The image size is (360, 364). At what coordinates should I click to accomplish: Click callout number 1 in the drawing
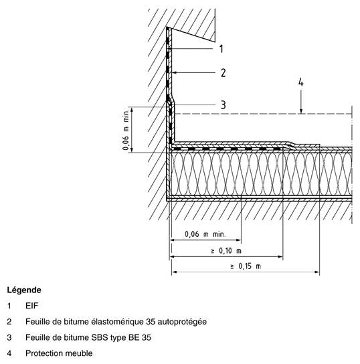click(x=221, y=49)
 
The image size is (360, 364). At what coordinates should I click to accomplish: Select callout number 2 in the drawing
click(x=223, y=73)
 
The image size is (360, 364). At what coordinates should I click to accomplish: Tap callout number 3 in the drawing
click(x=223, y=104)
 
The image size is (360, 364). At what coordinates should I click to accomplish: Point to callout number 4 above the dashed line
click(x=301, y=82)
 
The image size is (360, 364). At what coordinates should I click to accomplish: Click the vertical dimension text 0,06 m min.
click(x=126, y=130)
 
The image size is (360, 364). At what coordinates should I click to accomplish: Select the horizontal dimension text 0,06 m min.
click(x=205, y=234)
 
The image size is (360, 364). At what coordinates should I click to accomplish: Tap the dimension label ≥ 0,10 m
click(x=226, y=251)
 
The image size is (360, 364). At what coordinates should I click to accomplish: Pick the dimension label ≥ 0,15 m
click(x=246, y=266)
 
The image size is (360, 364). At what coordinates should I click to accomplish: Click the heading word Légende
click(x=24, y=290)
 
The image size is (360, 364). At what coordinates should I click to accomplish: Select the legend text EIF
click(x=32, y=306)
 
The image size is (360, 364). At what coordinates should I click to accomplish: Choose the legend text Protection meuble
click(x=59, y=353)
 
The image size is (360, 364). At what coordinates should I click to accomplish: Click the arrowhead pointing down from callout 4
click(x=301, y=111)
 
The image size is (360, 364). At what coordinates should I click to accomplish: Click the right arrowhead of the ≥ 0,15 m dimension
click(x=317, y=272)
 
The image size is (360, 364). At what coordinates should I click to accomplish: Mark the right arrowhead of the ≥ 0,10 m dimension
click(x=280, y=256)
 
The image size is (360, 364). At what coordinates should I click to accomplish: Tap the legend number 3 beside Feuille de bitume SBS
click(x=9, y=337)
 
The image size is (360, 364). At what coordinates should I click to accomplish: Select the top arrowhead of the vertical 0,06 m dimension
click(x=132, y=110)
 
